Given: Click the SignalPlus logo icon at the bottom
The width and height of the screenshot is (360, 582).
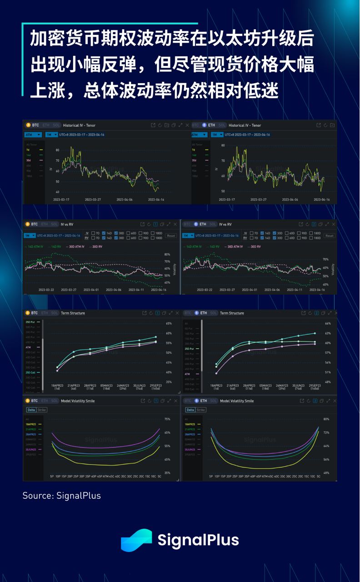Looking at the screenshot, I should pos(136,540).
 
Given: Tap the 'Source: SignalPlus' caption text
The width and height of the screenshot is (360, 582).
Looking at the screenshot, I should pos(62,496).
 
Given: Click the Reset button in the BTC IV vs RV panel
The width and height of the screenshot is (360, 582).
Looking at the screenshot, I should pos(171,236).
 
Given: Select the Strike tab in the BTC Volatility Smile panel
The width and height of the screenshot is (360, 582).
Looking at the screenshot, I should pos(42,410).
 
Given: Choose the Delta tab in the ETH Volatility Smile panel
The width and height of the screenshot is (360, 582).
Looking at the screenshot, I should pos(190,410).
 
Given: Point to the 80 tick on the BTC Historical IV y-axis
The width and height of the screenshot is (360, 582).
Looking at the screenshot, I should pos(58,150).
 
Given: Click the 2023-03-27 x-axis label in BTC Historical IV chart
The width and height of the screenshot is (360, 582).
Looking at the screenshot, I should pos(93,200).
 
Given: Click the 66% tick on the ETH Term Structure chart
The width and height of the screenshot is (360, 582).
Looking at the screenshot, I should pos(328,324).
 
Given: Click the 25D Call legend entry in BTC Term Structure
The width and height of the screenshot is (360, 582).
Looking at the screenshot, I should pos(32,372).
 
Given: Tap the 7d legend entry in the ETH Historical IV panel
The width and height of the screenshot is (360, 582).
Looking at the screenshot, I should pos(194,150).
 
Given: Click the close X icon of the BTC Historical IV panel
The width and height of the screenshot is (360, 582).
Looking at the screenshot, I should pos(187,125).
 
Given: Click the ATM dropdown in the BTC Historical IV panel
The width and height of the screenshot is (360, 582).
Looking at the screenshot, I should pos(33,135).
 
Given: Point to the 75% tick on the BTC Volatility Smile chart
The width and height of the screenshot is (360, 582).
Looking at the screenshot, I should pos(167,419).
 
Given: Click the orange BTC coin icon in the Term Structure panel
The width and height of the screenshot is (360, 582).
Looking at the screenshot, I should pos(28,313).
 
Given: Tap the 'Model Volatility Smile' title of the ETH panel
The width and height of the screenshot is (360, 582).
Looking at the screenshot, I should pos(237,401).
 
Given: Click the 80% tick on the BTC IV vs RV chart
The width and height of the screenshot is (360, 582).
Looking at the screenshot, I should pos(167,254).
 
